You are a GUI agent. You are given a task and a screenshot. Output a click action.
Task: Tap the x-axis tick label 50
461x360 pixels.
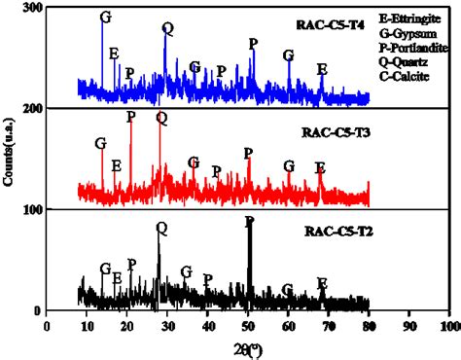[x=247, y=324]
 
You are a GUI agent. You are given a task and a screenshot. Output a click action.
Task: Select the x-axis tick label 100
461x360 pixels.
[x=448, y=324]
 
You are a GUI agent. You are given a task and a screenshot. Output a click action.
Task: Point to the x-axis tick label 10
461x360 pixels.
[x=85, y=324]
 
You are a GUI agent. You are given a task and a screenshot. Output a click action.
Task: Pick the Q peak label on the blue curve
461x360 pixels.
[x=167, y=27]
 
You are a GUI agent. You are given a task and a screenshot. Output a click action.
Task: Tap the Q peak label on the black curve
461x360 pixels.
[x=160, y=230]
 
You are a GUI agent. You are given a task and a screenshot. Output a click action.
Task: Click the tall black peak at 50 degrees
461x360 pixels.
[x=249, y=263]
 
